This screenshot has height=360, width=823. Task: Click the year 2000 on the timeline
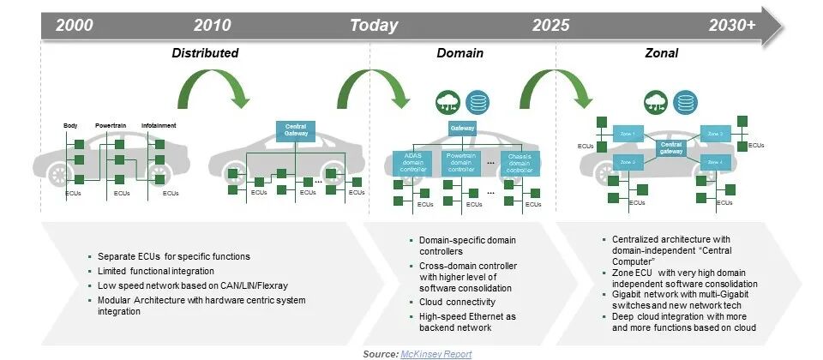(75, 25)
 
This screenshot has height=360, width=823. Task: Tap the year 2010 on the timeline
(213, 25)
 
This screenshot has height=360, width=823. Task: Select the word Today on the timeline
(374, 25)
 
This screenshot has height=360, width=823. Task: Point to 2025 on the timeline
(550, 25)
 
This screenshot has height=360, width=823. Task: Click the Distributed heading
(204, 53)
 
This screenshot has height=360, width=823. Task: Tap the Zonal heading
(661, 53)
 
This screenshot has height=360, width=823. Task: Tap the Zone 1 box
(627, 133)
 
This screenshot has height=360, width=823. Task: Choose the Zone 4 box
(714, 161)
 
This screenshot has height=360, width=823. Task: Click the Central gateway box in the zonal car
(670, 147)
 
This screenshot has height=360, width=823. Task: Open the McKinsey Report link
(436, 353)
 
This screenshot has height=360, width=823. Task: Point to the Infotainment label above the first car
(159, 126)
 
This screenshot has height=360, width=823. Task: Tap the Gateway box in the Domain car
(462, 129)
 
